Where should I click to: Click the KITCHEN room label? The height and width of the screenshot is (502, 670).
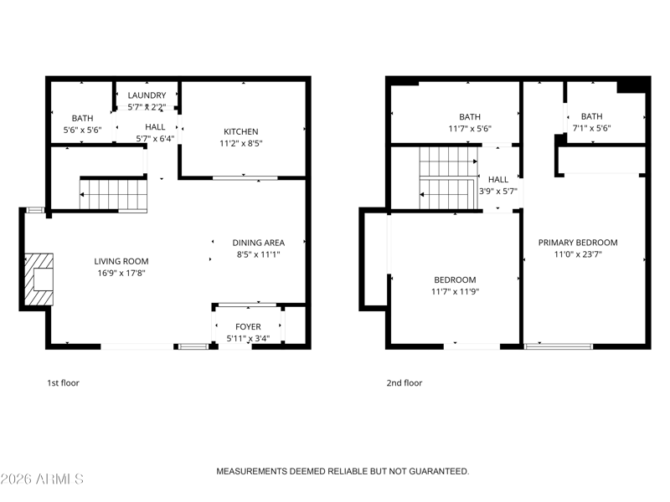tap(241, 131)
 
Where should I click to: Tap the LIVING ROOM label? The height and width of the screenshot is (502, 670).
tap(121, 261)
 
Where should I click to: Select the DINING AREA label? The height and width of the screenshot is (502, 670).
tap(259, 243)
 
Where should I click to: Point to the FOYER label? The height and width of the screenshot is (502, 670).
tap(248, 326)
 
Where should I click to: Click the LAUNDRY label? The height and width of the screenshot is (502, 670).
tap(147, 95)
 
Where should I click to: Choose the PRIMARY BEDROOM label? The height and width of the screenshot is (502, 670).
tap(578, 243)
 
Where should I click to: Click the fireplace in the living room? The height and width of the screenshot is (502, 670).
tap(39, 279)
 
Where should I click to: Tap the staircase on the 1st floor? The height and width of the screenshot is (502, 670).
tap(113, 195)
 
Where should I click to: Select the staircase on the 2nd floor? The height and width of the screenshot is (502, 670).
tap(449, 178)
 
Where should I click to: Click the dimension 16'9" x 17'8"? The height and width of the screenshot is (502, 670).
tap(121, 273)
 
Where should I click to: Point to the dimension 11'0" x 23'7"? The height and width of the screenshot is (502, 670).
tap(578, 254)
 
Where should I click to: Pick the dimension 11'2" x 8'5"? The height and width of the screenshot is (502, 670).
tap(241, 143)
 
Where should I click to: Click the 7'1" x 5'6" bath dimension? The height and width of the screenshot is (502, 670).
tap(592, 128)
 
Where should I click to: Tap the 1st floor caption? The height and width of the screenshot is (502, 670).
tap(64, 383)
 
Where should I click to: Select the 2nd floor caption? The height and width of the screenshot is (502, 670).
tap(405, 383)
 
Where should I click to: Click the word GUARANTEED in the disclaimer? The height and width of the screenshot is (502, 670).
tap(439, 471)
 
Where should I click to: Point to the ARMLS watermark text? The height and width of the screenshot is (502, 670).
tap(42, 479)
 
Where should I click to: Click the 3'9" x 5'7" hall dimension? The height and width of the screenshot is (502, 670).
tap(498, 192)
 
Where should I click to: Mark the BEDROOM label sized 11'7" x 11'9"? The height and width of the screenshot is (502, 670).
tap(455, 280)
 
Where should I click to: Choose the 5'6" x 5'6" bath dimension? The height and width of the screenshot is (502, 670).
tap(82, 130)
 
